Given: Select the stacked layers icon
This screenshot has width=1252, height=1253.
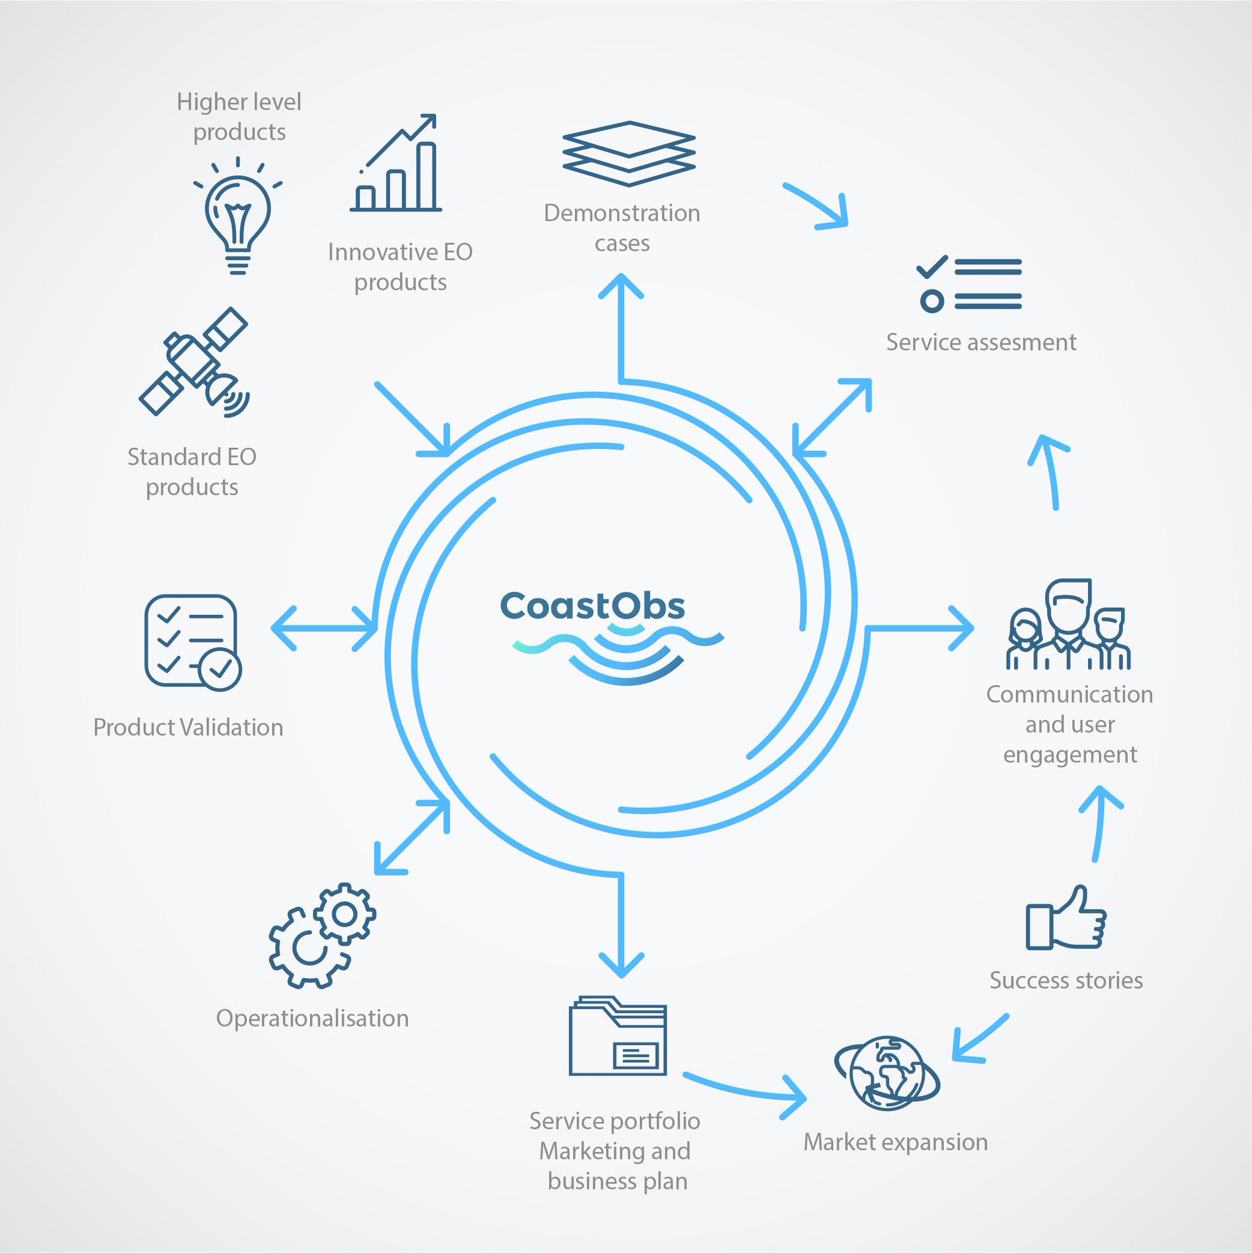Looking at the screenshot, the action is [x=628, y=154].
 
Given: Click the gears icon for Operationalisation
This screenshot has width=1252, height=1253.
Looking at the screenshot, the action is [x=322, y=935].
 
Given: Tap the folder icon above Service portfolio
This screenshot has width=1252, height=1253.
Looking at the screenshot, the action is [x=618, y=1036].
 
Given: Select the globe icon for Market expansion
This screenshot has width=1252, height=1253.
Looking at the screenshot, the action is [x=886, y=1073].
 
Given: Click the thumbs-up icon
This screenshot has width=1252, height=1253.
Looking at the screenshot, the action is [x=1066, y=918].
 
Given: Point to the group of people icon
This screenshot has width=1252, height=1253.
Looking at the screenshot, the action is [x=1068, y=624].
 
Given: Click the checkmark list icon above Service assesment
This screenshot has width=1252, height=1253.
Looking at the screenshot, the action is [x=969, y=284].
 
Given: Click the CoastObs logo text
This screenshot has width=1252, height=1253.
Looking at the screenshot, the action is [x=593, y=606].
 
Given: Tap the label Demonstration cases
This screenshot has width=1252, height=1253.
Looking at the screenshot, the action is [x=622, y=228].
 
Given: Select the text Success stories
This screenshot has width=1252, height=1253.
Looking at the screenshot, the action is [x=1066, y=980].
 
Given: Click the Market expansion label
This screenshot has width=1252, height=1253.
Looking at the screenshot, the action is [x=895, y=1142].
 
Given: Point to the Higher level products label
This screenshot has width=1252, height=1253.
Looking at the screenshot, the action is [x=239, y=117].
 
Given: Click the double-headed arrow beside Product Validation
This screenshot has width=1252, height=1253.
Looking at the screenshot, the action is [x=324, y=628].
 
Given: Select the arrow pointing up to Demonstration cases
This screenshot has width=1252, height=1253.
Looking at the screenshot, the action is [x=621, y=327].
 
